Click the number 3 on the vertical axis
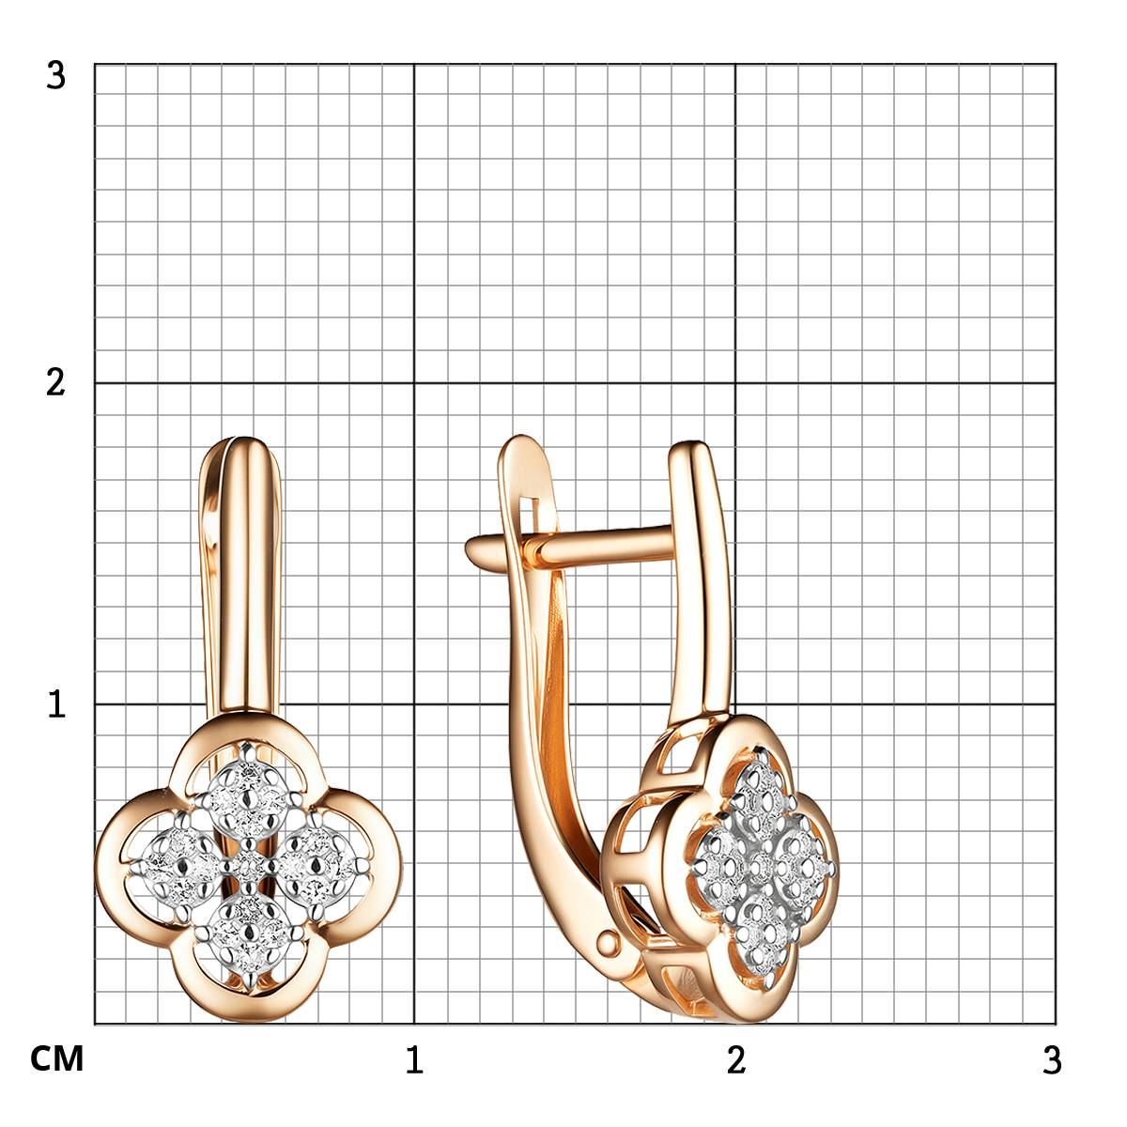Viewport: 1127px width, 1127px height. (55, 76)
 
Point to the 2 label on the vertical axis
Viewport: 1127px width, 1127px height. (55, 383)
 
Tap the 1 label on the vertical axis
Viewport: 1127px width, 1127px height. (56, 704)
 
